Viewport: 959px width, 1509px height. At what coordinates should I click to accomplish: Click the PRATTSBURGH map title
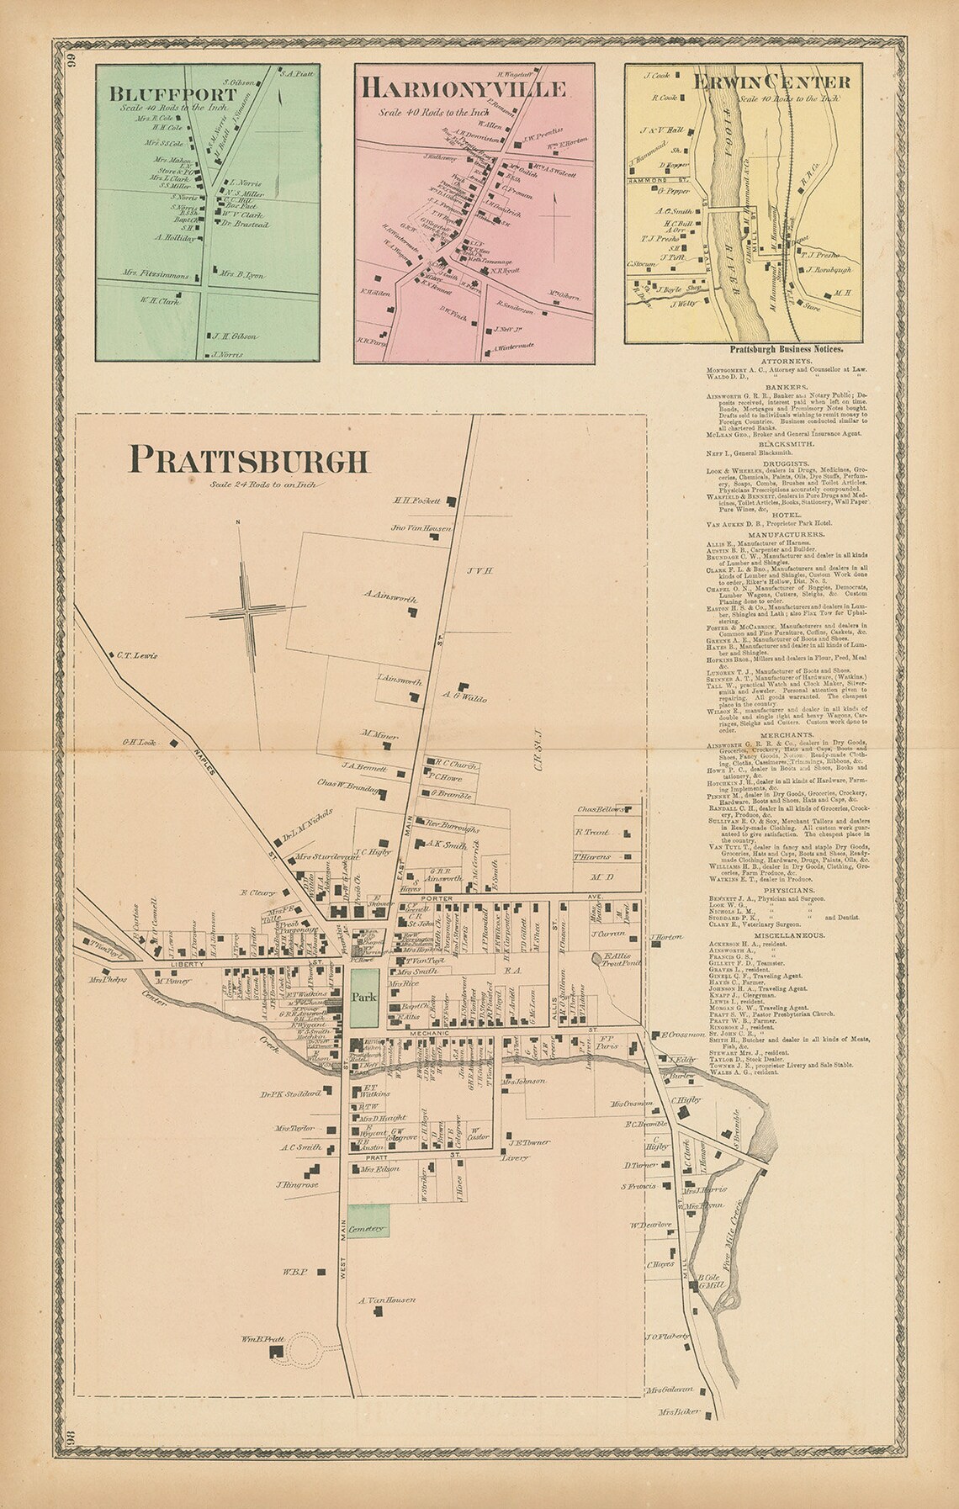click(248, 461)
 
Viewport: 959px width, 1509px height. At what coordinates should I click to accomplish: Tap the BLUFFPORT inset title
click(162, 93)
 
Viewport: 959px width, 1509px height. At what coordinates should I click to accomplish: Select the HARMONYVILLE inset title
click(463, 87)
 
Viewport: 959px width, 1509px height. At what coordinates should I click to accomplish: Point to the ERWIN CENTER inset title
click(770, 82)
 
